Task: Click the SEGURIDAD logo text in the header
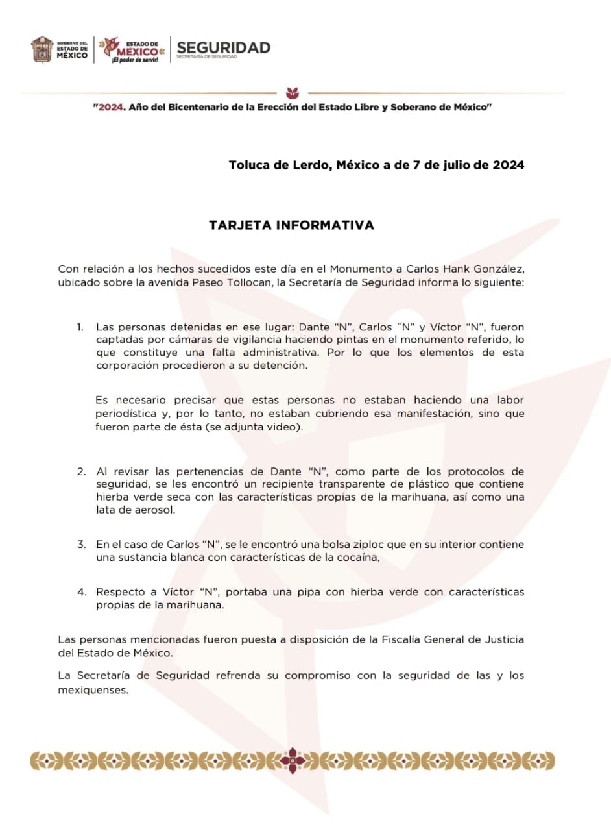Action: [223, 47]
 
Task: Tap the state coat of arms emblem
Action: [42, 49]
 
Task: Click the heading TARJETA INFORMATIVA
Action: [291, 225]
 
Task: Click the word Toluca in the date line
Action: [250, 165]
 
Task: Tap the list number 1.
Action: [80, 327]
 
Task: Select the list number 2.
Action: [81, 471]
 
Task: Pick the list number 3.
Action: [81, 544]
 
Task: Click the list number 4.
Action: [81, 592]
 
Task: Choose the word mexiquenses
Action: [93, 689]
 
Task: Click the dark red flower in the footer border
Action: [294, 760]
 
